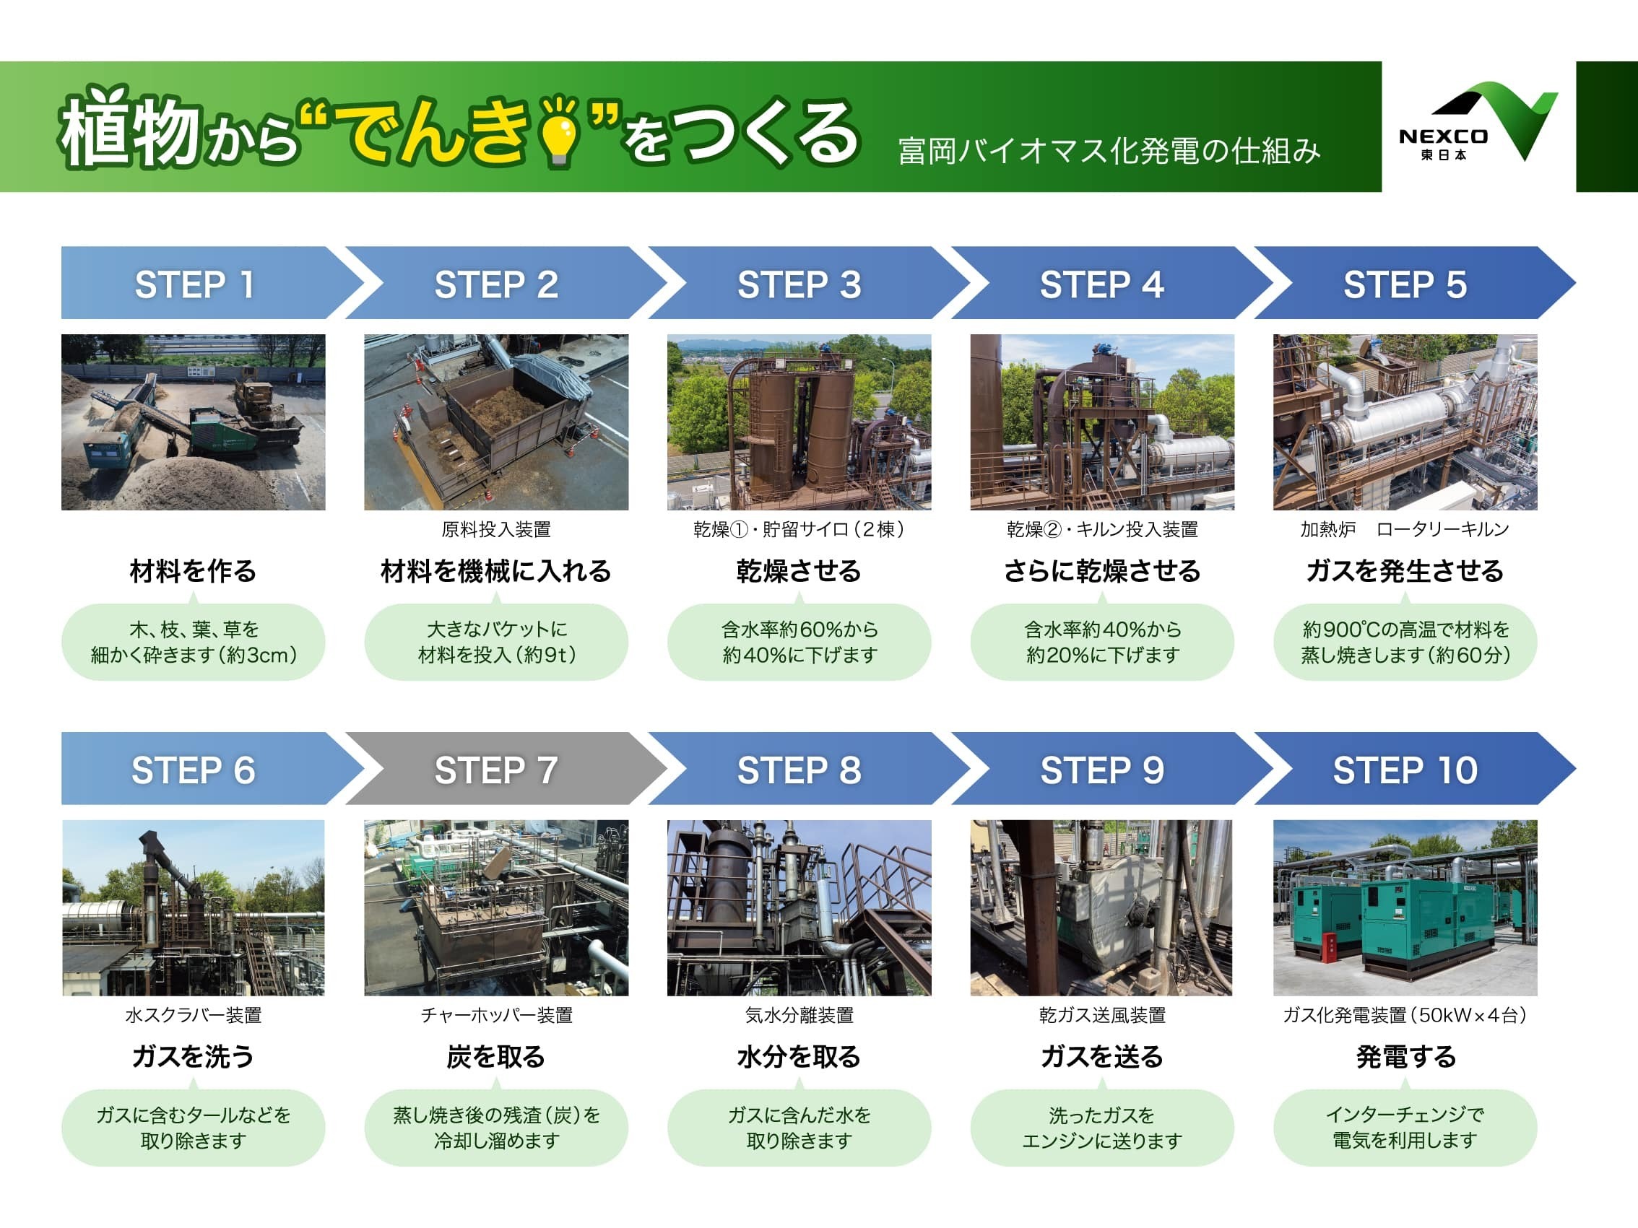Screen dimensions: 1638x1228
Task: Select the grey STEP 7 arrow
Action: point(506,768)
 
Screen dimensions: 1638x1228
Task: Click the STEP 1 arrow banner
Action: point(212,283)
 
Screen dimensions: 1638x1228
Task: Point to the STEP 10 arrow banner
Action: point(1414,768)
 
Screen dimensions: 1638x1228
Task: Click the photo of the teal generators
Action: point(1405,907)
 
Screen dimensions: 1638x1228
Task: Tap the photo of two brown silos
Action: point(799,422)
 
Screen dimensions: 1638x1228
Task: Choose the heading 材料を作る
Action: point(194,571)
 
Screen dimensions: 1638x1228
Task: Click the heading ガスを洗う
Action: point(194,1056)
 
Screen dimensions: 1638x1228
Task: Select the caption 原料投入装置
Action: point(496,529)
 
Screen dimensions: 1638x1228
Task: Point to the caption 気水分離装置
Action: point(799,1015)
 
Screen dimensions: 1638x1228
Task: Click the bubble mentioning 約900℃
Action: point(1405,642)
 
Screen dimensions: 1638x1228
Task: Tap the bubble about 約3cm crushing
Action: point(194,642)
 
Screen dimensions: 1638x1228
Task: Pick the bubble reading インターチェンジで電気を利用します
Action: point(1405,1128)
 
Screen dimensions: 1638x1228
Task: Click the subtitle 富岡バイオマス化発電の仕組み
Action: point(1109,151)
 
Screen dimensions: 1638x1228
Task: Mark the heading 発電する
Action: point(1405,1056)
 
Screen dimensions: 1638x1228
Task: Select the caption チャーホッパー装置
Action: point(496,1015)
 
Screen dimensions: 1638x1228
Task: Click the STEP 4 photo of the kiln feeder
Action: point(1102,422)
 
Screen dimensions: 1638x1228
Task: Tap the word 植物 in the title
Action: point(129,126)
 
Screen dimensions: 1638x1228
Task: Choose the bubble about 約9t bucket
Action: point(496,642)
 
